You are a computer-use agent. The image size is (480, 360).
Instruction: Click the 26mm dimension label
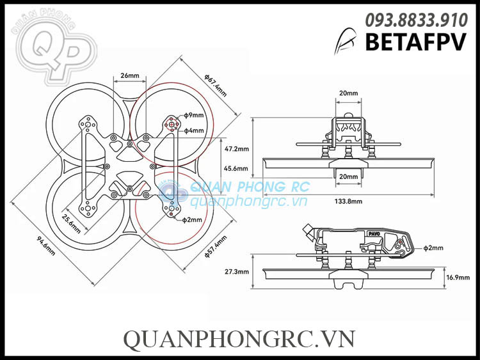129,75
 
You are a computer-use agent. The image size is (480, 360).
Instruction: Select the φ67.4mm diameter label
215,84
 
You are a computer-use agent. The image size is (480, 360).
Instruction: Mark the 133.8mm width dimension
348,201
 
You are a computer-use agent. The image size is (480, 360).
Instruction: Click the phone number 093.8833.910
416,21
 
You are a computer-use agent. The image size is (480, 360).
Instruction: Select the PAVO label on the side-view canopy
373,235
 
